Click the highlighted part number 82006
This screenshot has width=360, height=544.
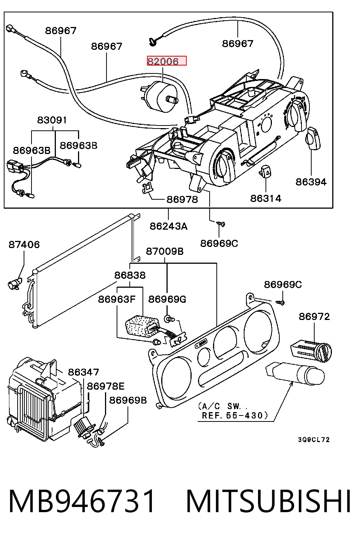(x=163, y=61)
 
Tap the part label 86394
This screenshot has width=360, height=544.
(x=311, y=182)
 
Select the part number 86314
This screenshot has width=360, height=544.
(x=265, y=199)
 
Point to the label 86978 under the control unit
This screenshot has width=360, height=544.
(x=182, y=199)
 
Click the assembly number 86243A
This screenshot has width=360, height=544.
(x=168, y=226)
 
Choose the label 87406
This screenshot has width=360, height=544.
(x=24, y=245)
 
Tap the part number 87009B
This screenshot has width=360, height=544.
(x=165, y=251)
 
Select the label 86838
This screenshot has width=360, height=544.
(x=130, y=275)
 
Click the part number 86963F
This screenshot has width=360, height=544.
(x=116, y=299)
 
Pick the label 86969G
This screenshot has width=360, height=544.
(x=167, y=299)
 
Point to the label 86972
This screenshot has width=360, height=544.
(x=314, y=317)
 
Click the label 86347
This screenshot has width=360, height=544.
(x=83, y=372)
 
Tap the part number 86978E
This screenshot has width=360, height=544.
(x=105, y=386)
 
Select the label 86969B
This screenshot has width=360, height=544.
(x=128, y=400)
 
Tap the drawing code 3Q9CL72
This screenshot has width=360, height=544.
(x=314, y=439)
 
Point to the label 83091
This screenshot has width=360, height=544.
(x=52, y=120)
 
